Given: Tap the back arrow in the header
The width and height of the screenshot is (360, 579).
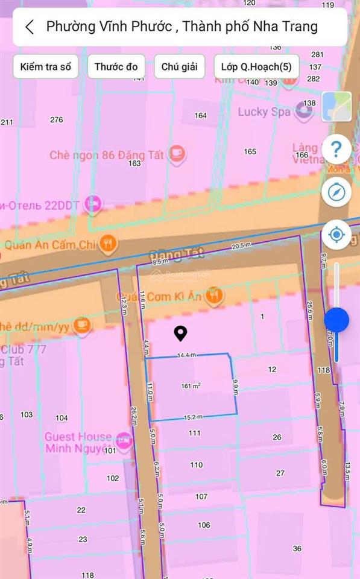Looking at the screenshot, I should coord(30,27).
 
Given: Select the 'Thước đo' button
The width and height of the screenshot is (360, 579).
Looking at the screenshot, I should coord(116,67).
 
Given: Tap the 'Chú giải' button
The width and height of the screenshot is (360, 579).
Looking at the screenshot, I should coord(179,67).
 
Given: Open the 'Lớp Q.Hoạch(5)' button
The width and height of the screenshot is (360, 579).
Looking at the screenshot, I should coord(256,67).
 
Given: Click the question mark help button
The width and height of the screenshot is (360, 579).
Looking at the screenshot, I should coord(336,148).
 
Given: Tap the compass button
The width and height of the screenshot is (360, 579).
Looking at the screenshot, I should coord(336,192).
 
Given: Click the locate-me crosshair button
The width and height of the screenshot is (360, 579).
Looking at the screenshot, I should coord(336,234).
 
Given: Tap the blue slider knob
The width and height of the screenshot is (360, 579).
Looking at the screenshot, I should coord(336,320).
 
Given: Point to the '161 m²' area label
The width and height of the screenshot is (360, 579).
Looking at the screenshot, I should coord(191,386).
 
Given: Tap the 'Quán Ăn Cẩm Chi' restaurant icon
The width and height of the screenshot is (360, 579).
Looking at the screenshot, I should coord(109,244).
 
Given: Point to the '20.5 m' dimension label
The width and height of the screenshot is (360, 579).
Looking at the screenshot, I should coord(241,245).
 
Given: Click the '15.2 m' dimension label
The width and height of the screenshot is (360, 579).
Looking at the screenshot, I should coord(192,416).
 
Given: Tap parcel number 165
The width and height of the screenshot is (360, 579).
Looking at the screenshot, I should coord(250,151).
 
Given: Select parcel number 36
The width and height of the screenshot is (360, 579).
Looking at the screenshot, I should coord(297,548).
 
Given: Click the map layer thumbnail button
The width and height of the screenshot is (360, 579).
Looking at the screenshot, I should coord(336,106).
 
